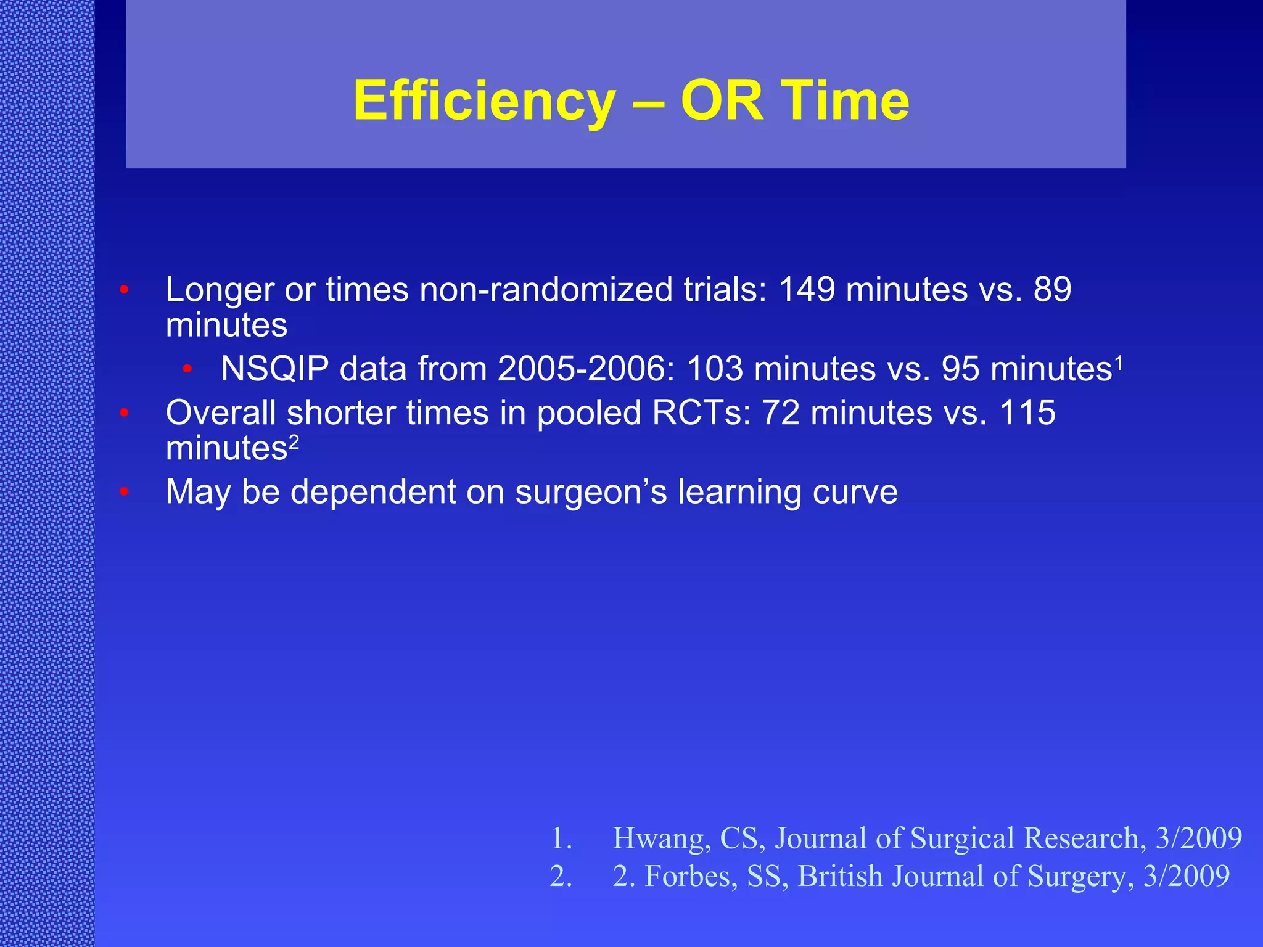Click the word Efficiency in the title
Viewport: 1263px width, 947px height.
tap(484, 102)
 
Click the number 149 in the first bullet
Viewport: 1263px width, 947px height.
tap(806, 289)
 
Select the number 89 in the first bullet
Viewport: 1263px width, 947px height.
tap(1052, 289)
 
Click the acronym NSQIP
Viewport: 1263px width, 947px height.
tap(274, 369)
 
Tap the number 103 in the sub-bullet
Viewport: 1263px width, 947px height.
tap(715, 369)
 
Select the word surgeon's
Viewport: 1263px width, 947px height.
tap(591, 492)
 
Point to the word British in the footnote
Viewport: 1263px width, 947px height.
tap(840, 876)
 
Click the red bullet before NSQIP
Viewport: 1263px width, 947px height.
tap(187, 369)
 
